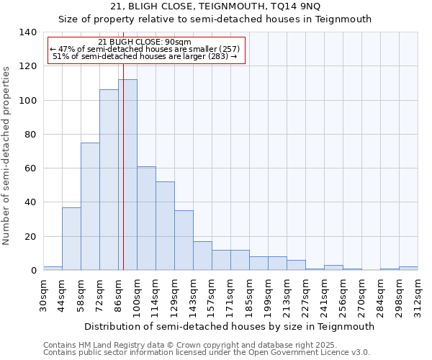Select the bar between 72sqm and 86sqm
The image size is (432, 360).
(x=109, y=180)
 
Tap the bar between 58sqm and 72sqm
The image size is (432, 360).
(x=90, y=207)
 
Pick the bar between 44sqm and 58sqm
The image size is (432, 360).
(x=71, y=239)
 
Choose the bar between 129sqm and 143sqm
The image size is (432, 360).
(x=184, y=240)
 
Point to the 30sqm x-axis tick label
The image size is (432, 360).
(x=43, y=294)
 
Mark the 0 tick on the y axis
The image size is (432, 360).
(x=33, y=271)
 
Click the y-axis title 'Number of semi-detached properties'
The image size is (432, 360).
(x=6, y=155)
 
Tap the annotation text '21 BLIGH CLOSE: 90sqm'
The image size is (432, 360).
(x=145, y=42)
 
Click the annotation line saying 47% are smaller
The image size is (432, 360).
(x=145, y=49)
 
